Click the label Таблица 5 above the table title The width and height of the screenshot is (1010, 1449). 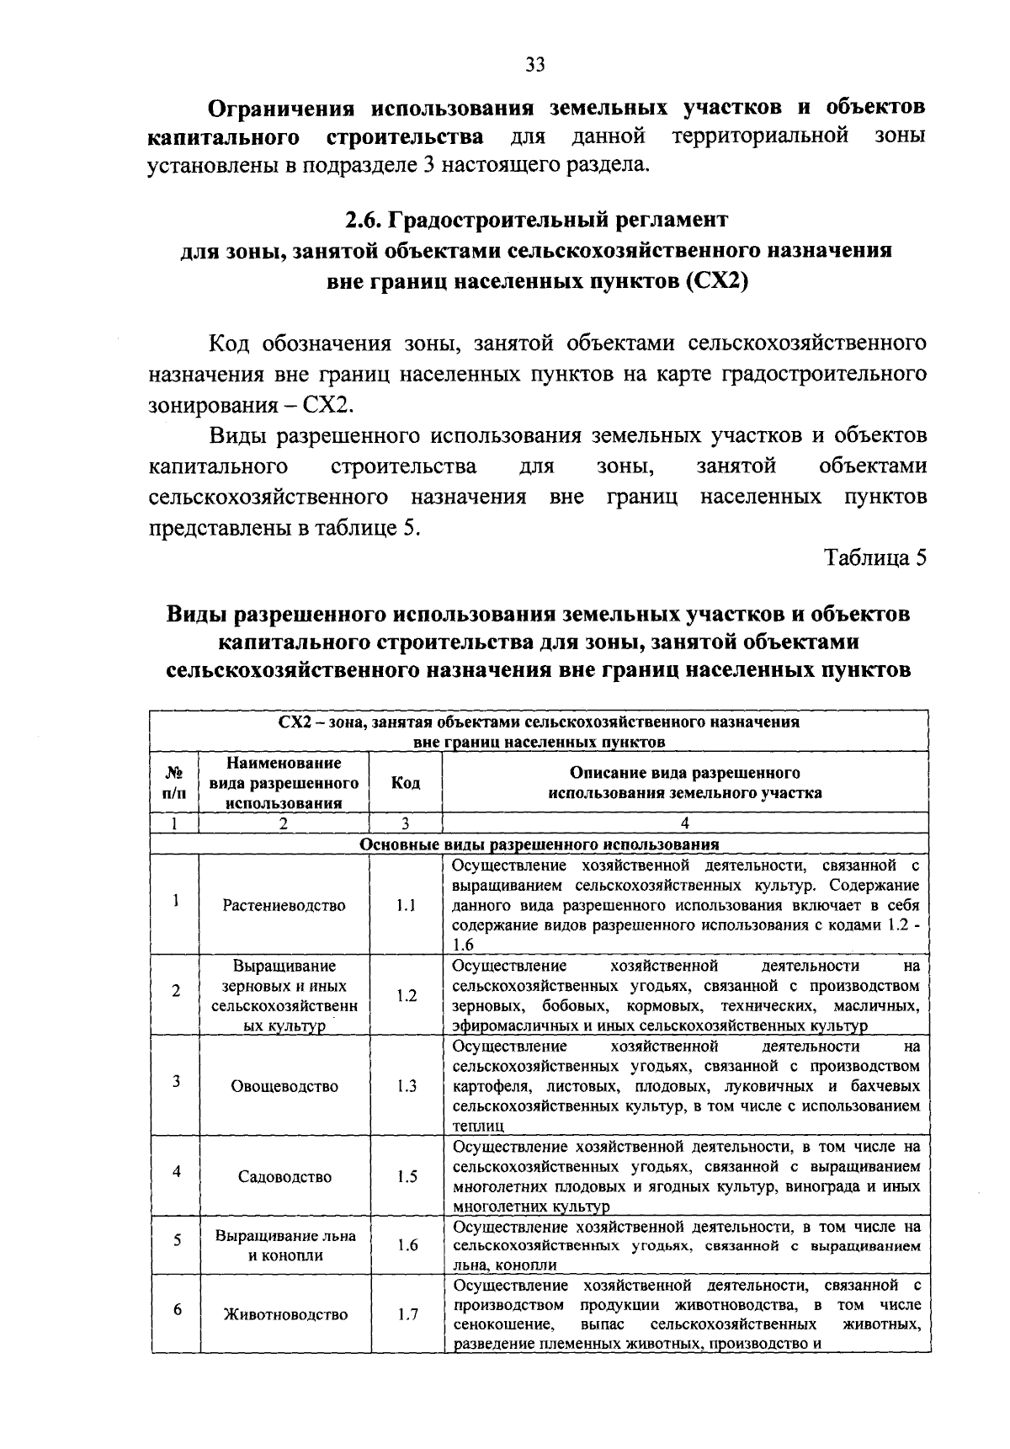875,558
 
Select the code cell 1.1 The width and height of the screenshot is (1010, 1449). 407,906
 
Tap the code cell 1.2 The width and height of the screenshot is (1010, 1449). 407,995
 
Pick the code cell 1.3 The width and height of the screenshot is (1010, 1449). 407,1086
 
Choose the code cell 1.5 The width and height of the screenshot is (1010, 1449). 407,1177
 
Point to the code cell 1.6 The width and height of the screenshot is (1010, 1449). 407,1245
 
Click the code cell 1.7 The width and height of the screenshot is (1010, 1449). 407,1315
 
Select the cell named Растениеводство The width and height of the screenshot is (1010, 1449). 284,906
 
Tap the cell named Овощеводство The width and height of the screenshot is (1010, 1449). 284,1086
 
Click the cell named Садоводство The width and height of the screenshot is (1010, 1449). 284,1177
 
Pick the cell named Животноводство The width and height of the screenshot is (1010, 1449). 284,1315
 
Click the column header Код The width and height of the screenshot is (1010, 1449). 407,783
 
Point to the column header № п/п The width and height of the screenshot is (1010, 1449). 175,783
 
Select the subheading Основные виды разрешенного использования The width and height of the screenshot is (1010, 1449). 539,844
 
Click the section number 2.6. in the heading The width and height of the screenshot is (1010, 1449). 364,221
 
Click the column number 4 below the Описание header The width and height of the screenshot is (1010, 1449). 685,823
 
